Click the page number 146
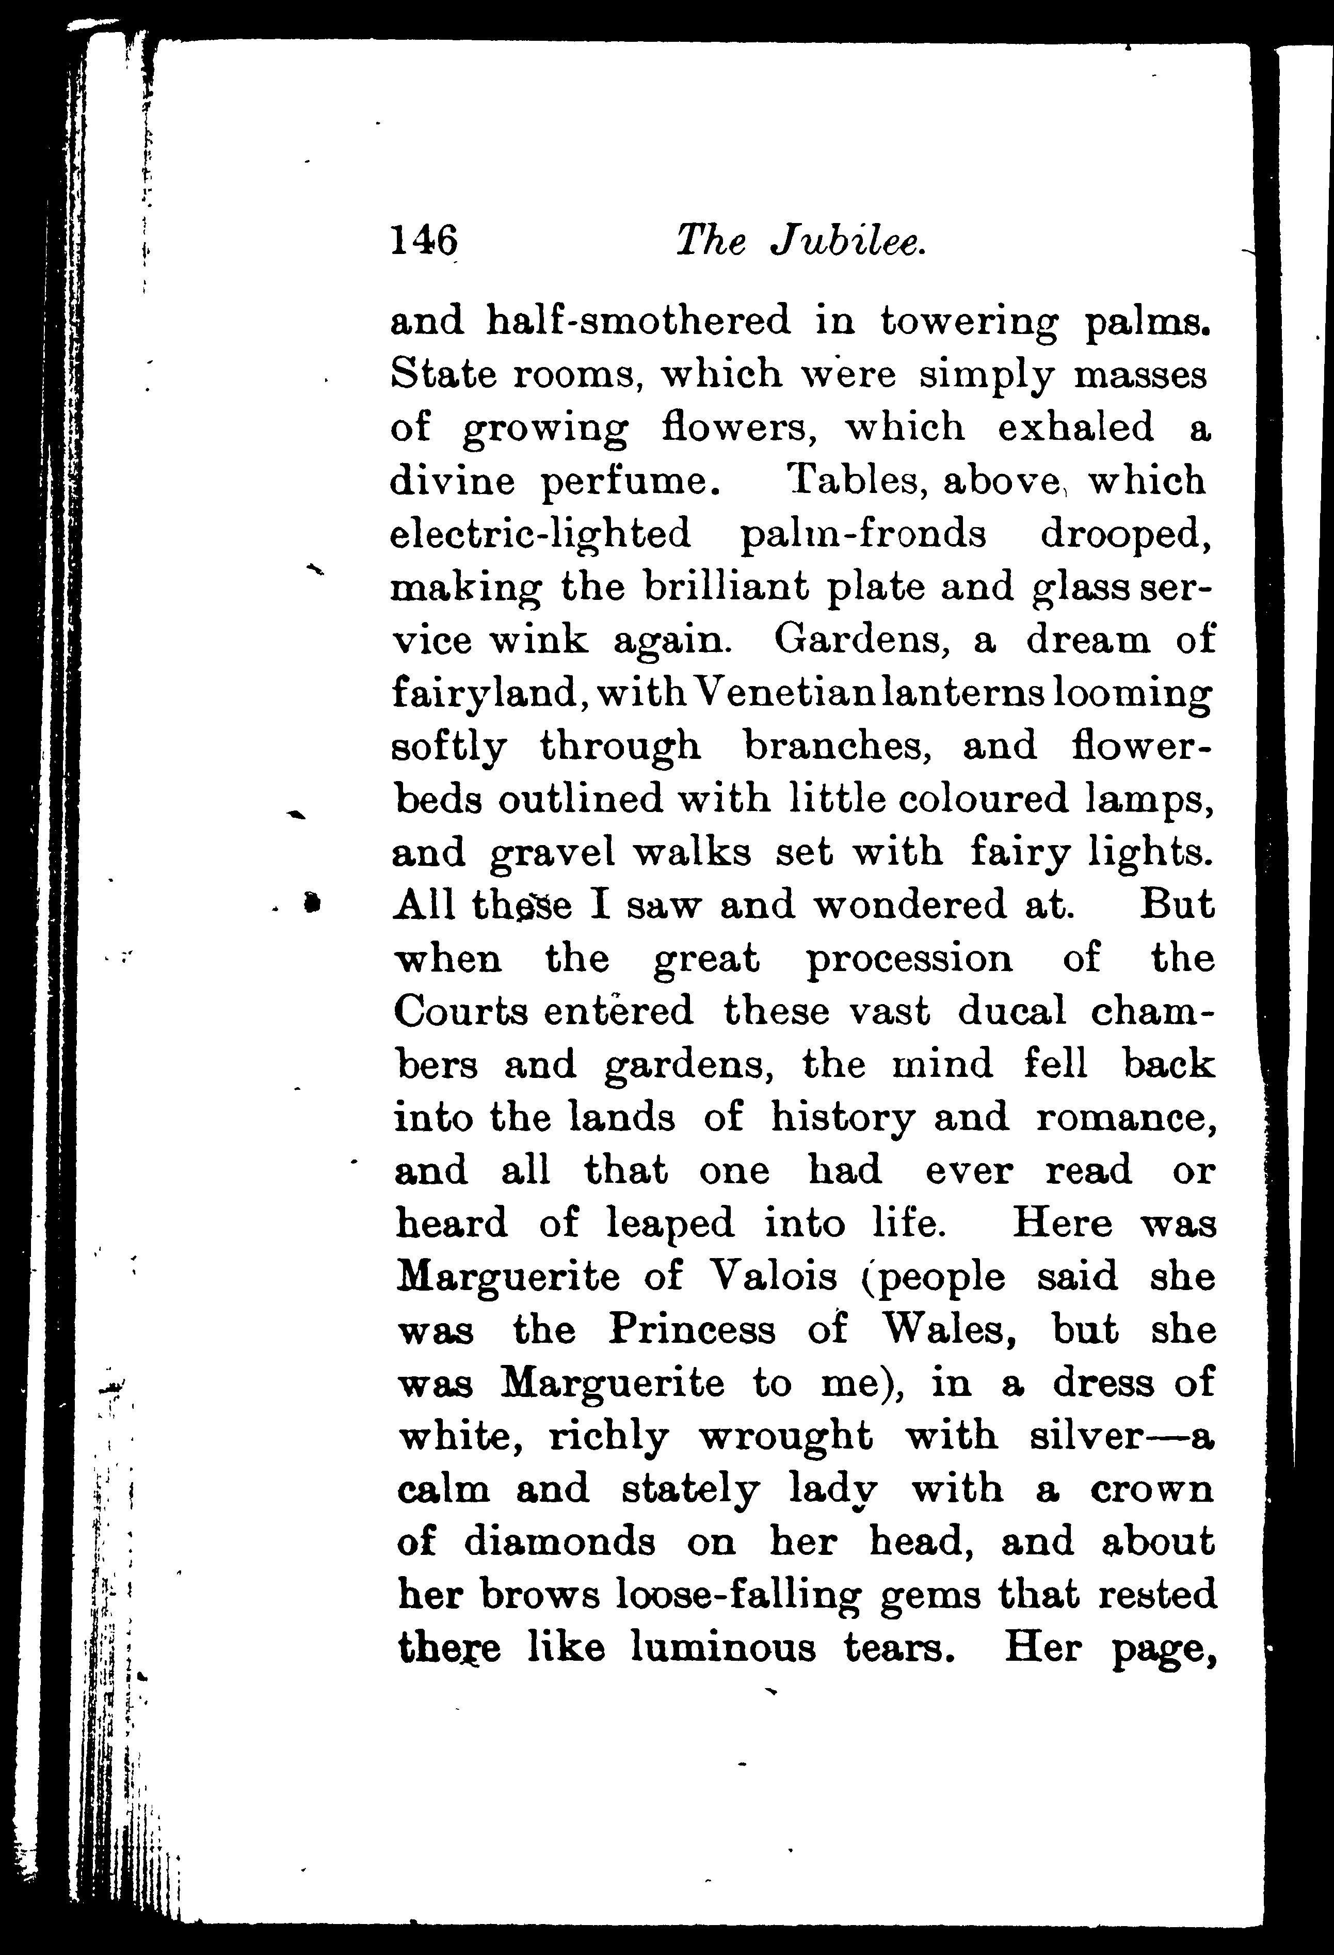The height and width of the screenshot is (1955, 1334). click(424, 242)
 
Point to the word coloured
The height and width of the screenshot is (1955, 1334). click(983, 798)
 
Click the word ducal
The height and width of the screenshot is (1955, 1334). click(1011, 1010)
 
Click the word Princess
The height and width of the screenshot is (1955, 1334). click(692, 1330)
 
